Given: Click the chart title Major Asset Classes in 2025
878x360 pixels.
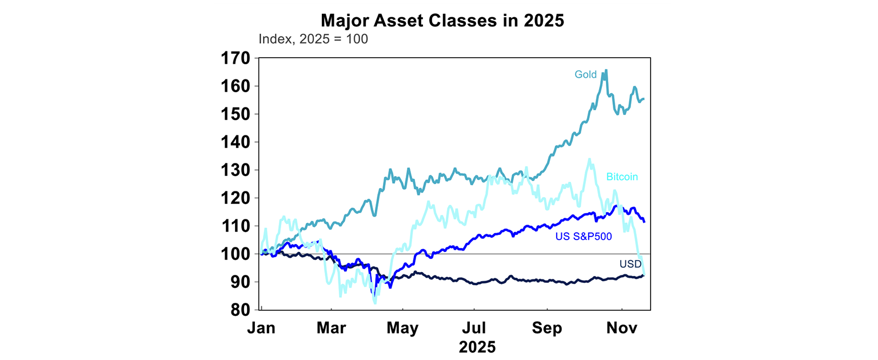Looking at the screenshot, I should click(442, 21).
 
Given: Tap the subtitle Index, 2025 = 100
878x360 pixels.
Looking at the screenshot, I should click(313, 39).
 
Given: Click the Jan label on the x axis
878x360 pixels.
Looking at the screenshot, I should click(261, 329).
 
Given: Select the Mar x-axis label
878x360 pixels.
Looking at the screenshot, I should click(332, 329).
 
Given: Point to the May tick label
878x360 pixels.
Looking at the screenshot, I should click(403, 329).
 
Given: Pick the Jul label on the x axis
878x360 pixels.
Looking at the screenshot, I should click(474, 329).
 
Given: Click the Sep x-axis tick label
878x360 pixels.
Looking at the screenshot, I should click(546, 329).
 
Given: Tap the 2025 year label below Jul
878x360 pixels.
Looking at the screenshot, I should click(477, 347).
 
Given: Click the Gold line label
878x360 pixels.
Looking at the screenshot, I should click(585, 74).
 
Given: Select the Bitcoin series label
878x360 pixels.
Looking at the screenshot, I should click(622, 177).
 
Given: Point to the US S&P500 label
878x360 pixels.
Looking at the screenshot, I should click(584, 236).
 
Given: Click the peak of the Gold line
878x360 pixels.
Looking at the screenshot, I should click(606, 70).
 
